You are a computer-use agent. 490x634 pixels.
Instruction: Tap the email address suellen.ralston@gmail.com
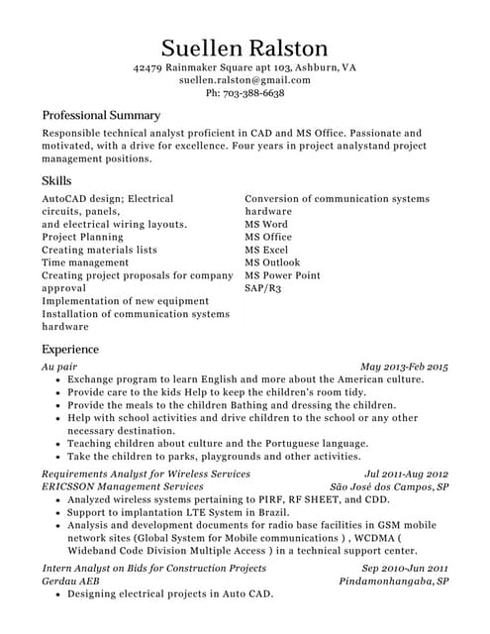[x=245, y=79]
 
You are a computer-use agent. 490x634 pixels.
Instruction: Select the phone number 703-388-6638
[x=255, y=93]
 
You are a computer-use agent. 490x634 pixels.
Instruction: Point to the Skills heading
[x=56, y=181]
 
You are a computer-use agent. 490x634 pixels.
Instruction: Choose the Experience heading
[x=70, y=350]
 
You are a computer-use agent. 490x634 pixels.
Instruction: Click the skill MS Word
[x=266, y=225]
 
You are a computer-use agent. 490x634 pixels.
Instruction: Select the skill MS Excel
[x=267, y=251]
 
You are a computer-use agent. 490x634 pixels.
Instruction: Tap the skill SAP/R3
[x=263, y=288]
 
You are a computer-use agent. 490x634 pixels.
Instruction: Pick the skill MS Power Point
[x=283, y=275]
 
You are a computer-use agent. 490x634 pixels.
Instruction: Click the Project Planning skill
[x=82, y=238]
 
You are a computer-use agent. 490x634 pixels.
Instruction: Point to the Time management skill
[x=85, y=263]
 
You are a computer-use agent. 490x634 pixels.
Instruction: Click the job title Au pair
[x=59, y=367]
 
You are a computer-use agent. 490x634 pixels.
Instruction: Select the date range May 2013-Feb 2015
[x=404, y=367]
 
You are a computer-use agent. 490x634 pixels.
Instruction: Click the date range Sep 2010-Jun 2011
[x=405, y=569]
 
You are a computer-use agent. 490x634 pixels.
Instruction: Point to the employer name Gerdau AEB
[x=70, y=581]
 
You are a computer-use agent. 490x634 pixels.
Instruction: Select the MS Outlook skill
[x=272, y=263]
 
